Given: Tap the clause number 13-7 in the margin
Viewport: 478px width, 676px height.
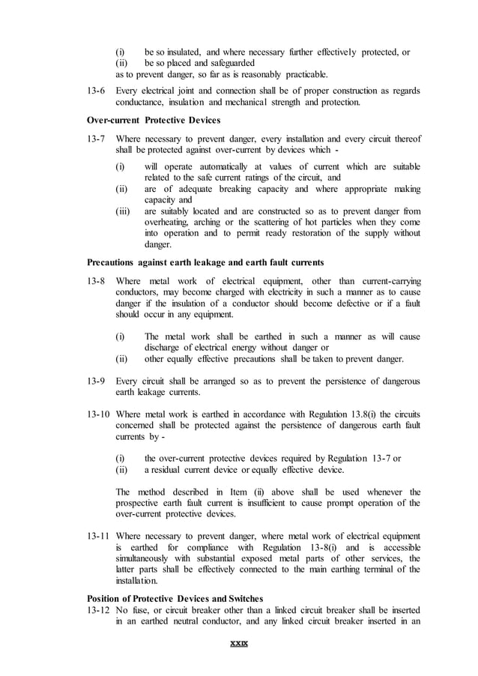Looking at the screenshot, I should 97,139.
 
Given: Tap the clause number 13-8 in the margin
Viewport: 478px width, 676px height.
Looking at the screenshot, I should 97,281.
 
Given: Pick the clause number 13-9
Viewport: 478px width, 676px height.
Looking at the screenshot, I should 97,381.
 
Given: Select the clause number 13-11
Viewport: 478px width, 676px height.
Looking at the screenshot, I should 99,536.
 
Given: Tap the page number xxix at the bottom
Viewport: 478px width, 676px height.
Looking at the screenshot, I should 239,644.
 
